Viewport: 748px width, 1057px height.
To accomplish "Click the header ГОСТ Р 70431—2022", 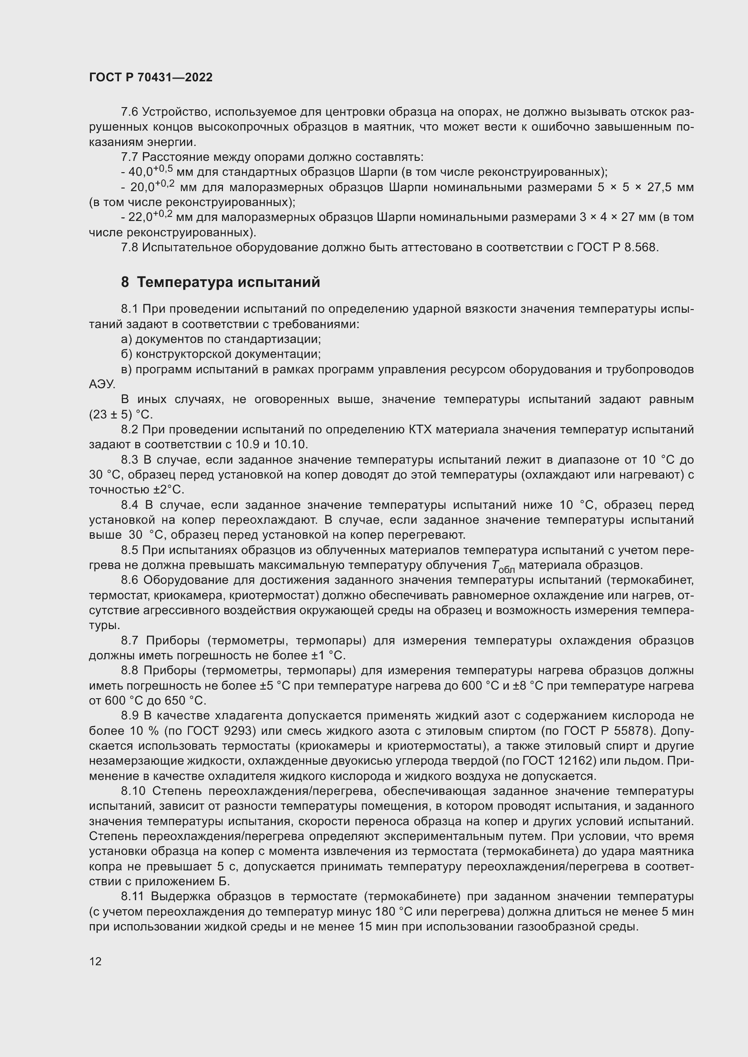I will [151, 77].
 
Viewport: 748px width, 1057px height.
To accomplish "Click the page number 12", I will [95, 961].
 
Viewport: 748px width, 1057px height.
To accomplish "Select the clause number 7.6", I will [129, 112].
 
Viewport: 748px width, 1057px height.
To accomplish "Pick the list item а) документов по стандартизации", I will [221, 339].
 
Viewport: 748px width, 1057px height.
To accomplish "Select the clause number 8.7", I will [129, 641].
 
